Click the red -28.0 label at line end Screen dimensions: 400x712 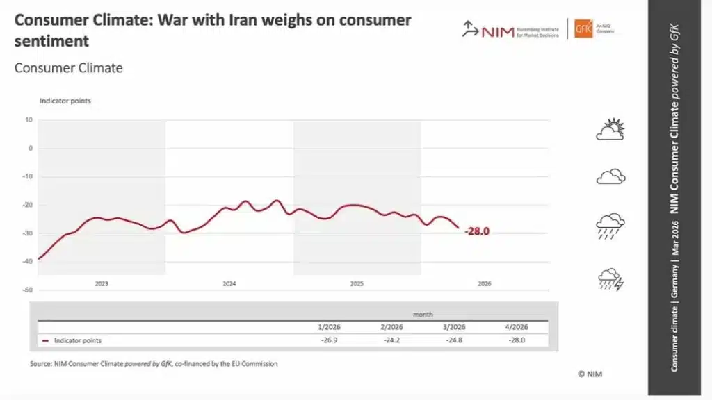477,231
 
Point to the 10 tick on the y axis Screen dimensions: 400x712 29,119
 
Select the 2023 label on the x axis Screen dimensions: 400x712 102,284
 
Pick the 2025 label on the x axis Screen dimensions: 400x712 357,284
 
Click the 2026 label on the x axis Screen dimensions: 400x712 485,284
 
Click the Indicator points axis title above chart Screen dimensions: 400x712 65,101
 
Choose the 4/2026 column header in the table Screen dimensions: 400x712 516,327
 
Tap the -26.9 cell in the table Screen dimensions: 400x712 328,340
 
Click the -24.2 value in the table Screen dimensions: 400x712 391,340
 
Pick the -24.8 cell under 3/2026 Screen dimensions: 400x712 453,340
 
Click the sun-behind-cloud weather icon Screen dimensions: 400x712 610,130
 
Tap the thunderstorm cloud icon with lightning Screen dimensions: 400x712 610,279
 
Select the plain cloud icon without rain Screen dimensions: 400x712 610,176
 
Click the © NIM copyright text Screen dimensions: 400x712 590,374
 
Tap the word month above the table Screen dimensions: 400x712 423,315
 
